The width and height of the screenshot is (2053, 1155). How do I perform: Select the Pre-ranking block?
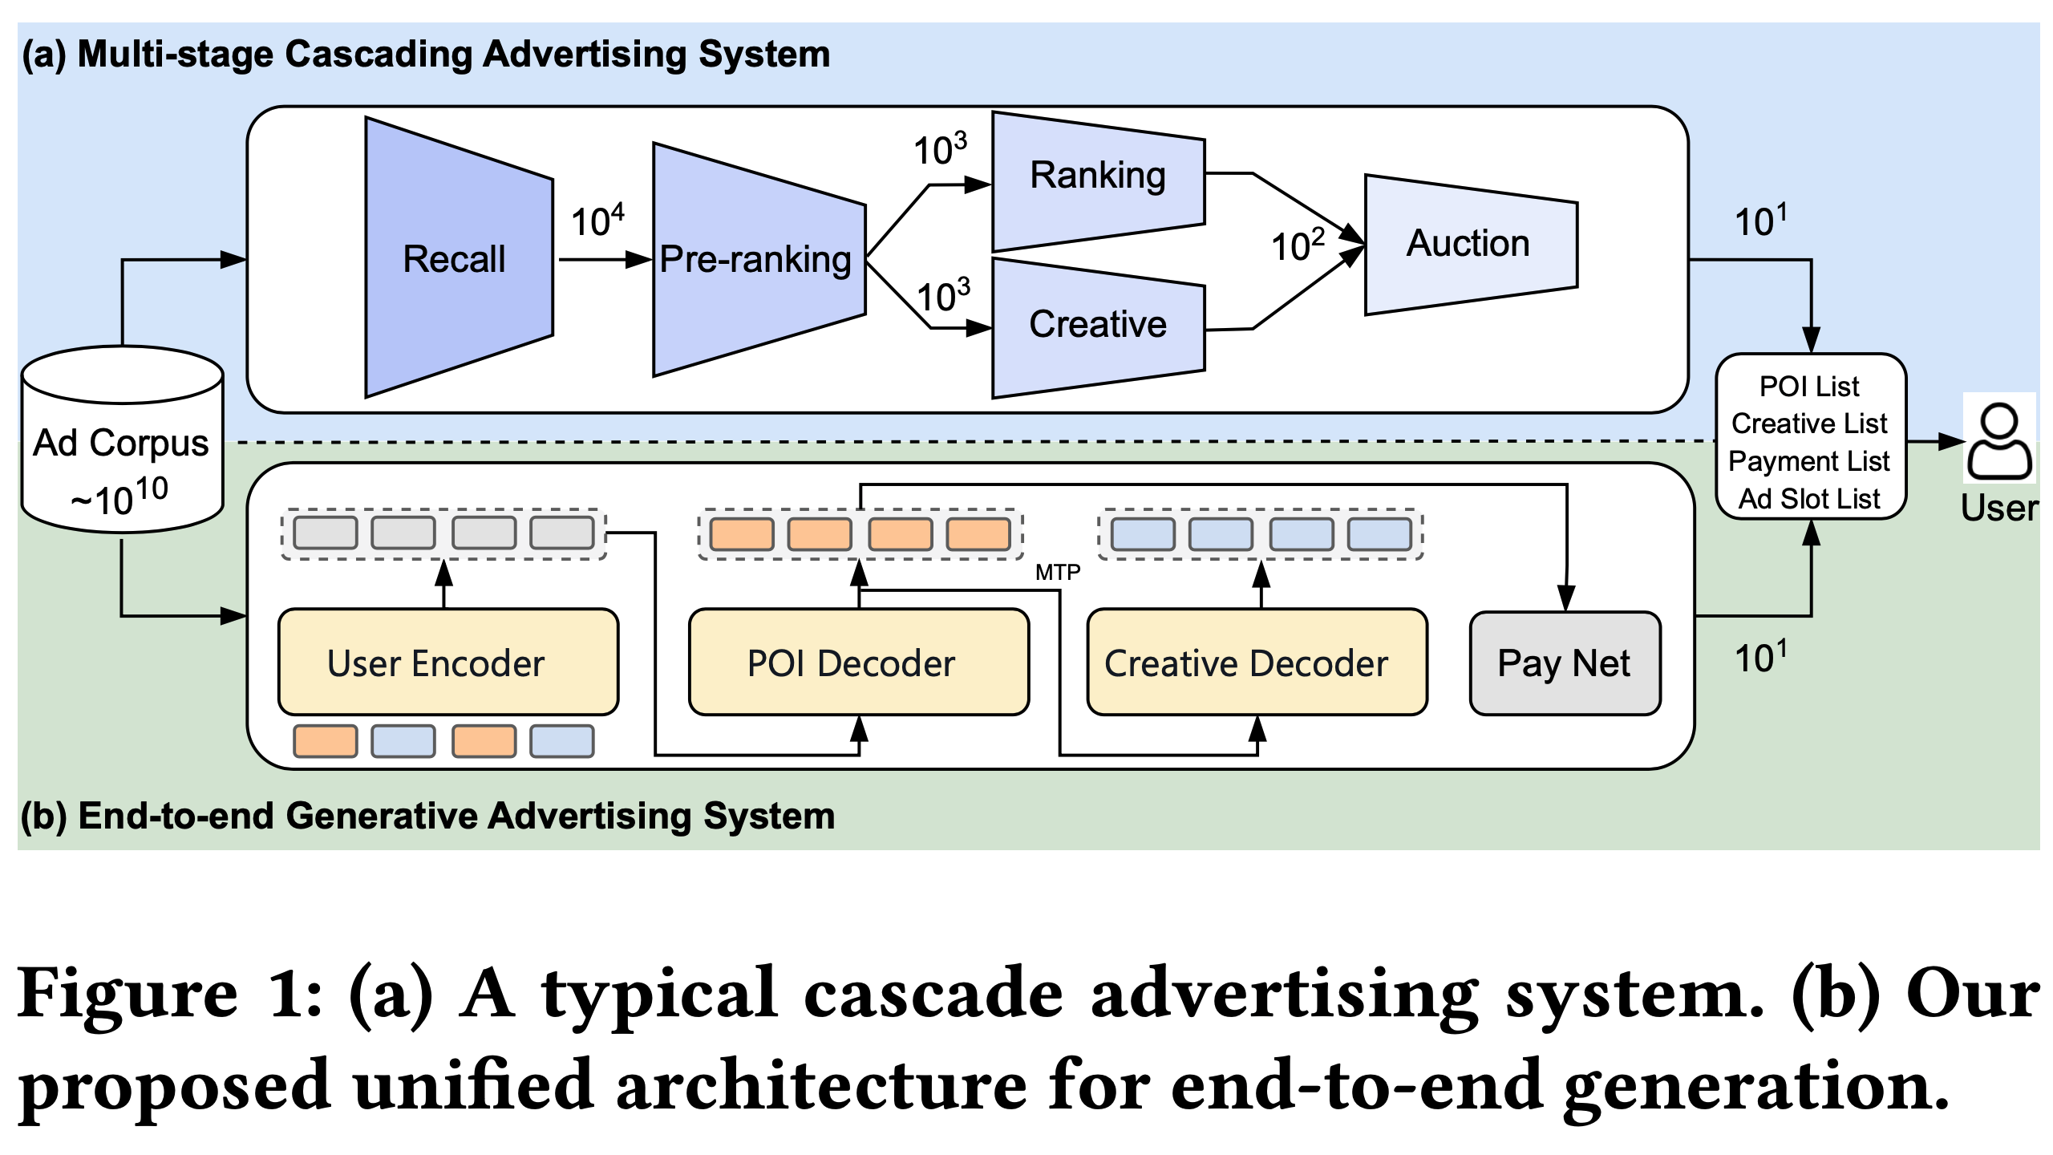click(755, 259)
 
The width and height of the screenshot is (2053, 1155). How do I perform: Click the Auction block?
click(1469, 244)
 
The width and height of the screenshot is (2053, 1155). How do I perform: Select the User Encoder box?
click(447, 663)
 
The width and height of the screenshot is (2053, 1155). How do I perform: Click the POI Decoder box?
click(858, 663)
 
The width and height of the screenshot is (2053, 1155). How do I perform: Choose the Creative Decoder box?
click(1256, 663)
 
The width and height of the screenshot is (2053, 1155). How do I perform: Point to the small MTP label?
click(1058, 572)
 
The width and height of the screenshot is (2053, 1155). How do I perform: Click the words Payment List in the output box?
click(1808, 461)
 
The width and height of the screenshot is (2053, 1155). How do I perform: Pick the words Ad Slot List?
click(1808, 499)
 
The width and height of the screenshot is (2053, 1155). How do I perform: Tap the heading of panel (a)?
click(425, 55)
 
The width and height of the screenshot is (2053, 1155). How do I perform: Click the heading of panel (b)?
click(427, 816)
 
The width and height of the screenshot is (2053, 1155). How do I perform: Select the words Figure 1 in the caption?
click(168, 995)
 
